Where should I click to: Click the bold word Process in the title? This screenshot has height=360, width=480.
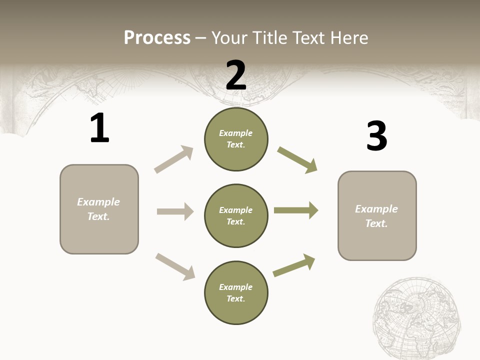[157, 37]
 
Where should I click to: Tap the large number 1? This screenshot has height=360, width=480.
[99, 128]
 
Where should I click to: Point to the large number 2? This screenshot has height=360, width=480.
[236, 75]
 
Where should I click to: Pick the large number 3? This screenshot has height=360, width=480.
[376, 136]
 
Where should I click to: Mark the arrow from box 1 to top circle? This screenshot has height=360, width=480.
[174, 159]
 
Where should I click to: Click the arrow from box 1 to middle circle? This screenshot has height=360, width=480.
[175, 211]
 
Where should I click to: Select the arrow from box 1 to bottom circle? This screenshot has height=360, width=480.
[175, 266]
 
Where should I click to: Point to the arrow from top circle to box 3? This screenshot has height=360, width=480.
[297, 159]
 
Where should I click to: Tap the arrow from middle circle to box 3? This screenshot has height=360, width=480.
[296, 210]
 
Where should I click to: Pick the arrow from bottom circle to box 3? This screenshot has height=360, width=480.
[294, 265]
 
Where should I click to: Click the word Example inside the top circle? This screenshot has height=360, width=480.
[235, 133]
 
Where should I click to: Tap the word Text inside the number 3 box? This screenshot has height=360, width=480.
[376, 223]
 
